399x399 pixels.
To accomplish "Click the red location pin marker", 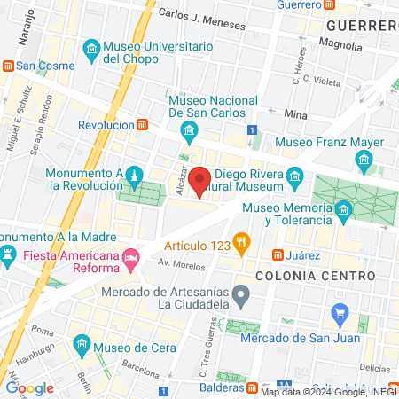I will pyautogui.click(x=200, y=181).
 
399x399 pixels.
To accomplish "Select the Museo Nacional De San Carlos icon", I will pyautogui.click(x=188, y=133).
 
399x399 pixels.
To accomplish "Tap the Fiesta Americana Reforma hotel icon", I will pyautogui.click(x=131, y=258).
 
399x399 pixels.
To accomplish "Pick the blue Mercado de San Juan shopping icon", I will pyautogui.click(x=338, y=313).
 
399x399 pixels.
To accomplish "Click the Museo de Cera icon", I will pyautogui.click(x=82, y=343).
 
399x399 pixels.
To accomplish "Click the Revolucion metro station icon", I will pyautogui.click(x=142, y=125).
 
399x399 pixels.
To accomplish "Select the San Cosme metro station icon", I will pyautogui.click(x=7, y=66).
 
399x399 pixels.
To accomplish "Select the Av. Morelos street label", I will pyautogui.click(x=176, y=263).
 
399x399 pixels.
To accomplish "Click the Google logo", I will pyautogui.click(x=30, y=387).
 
